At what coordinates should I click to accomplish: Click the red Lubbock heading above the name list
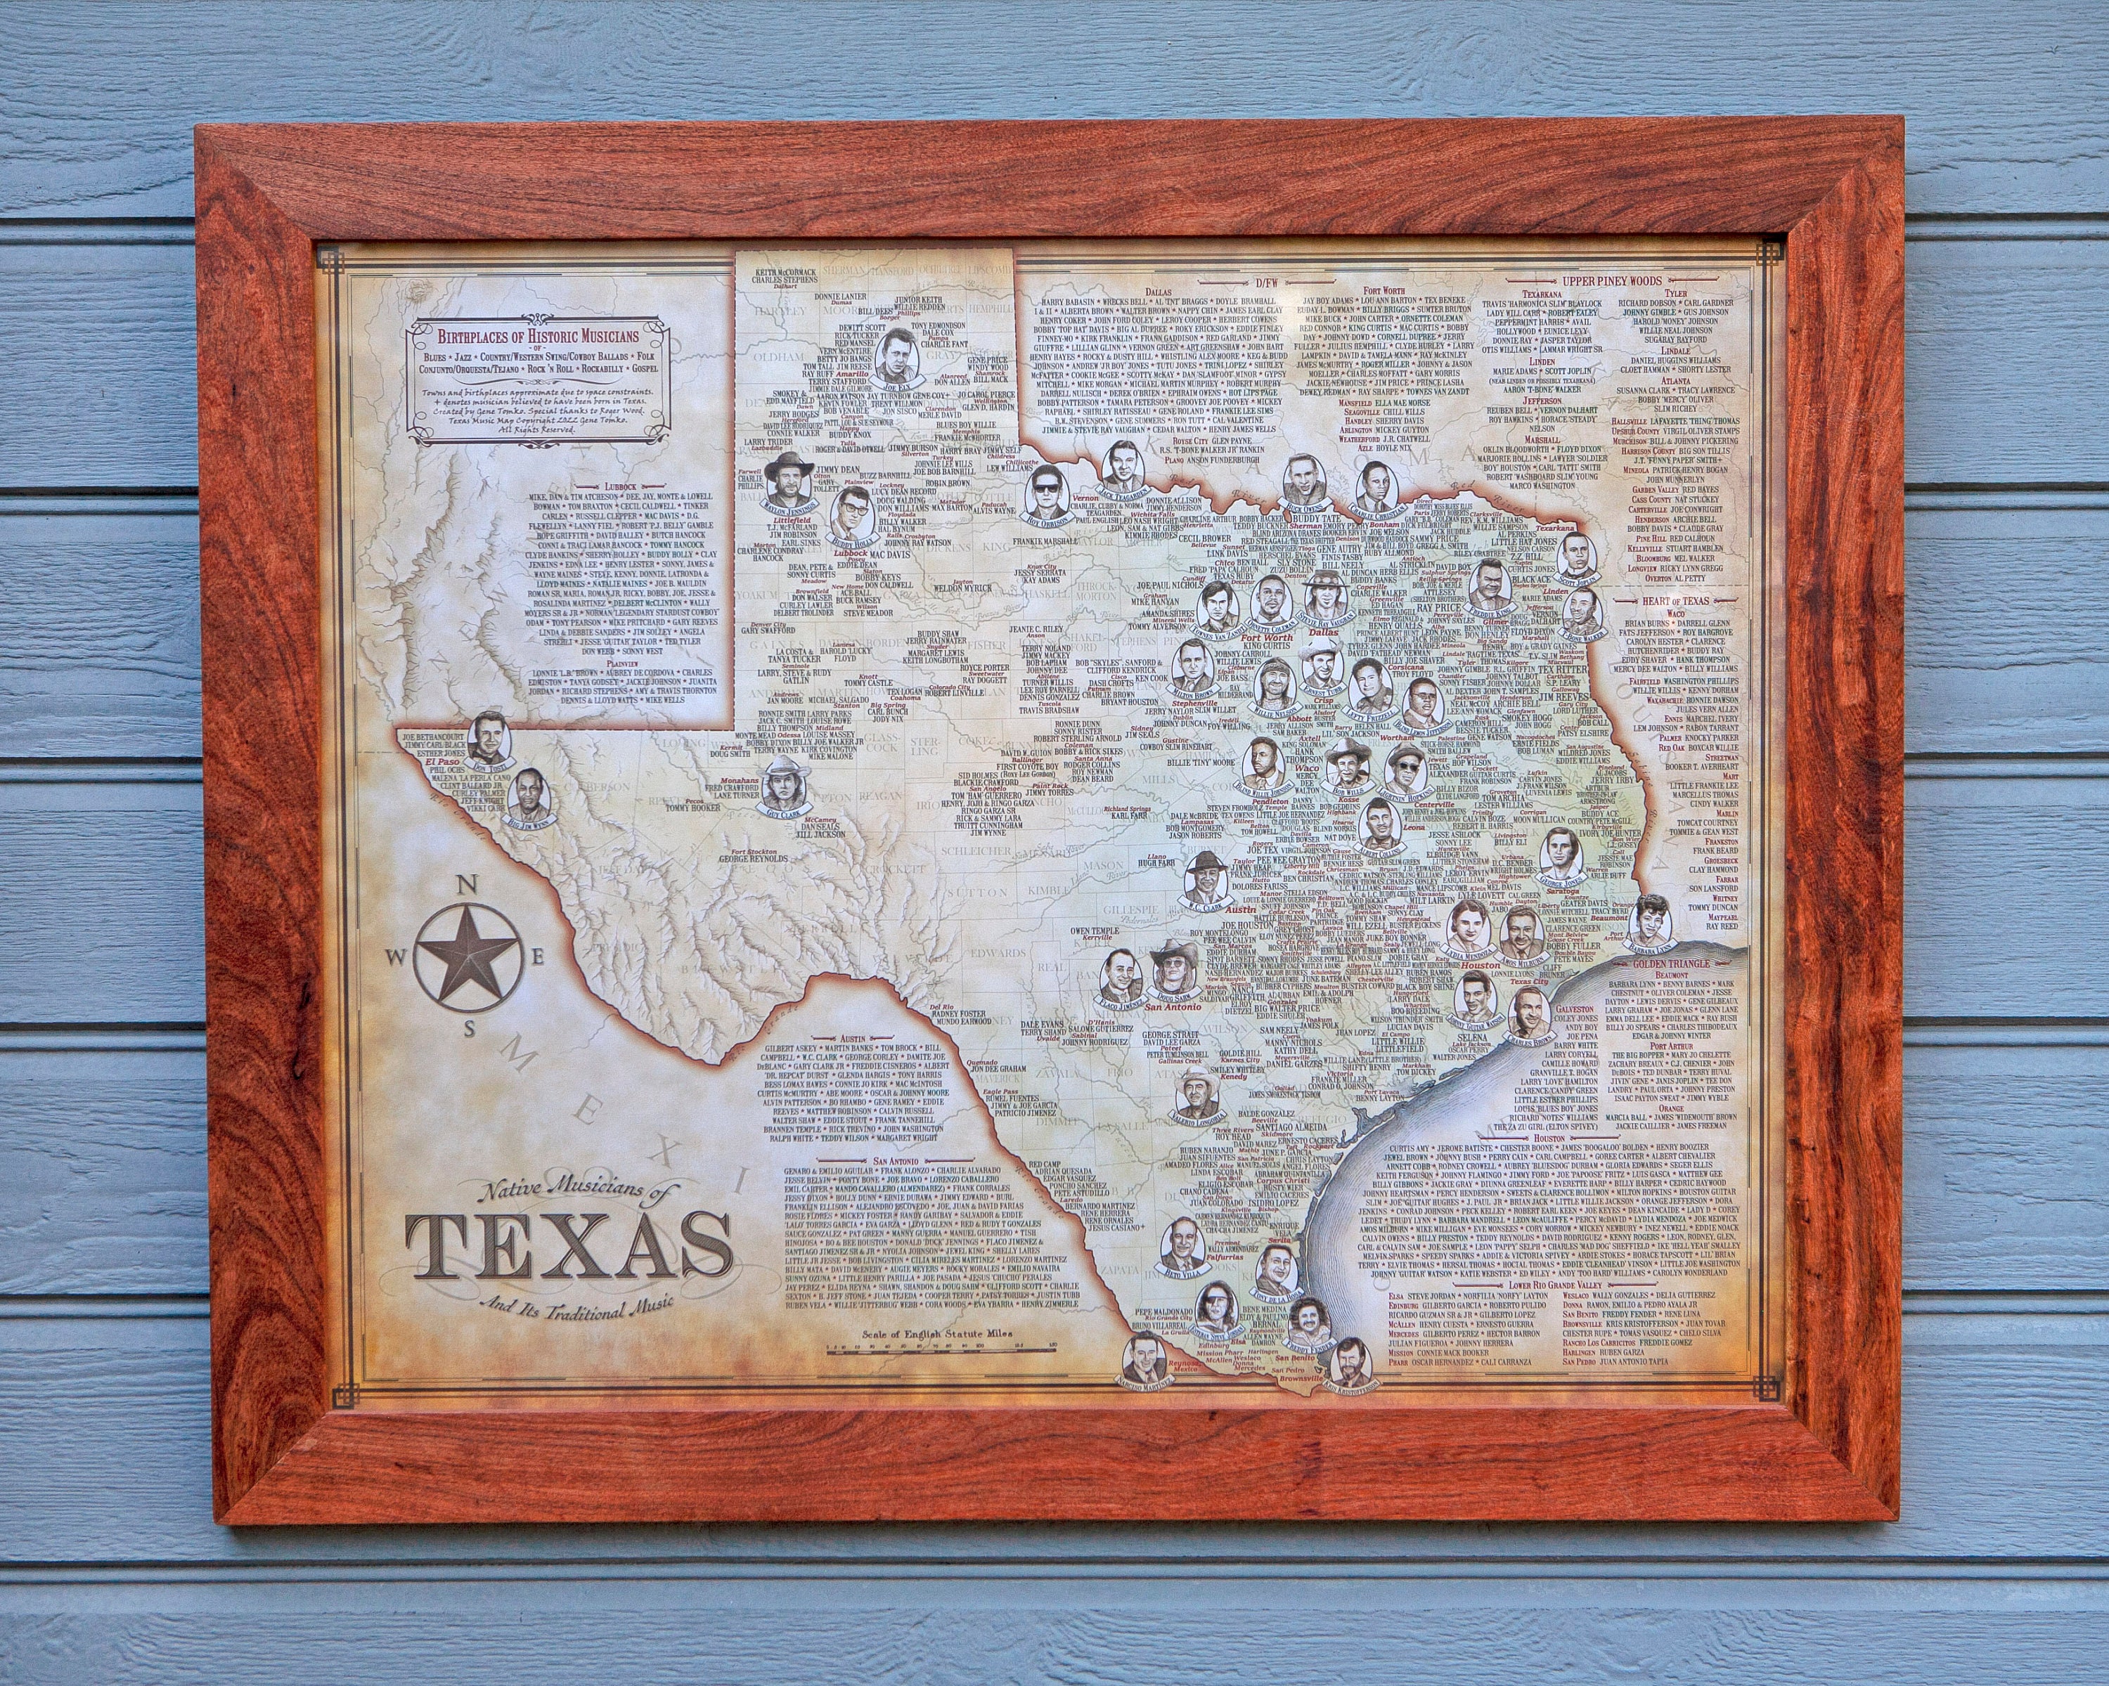pos(620,486)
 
